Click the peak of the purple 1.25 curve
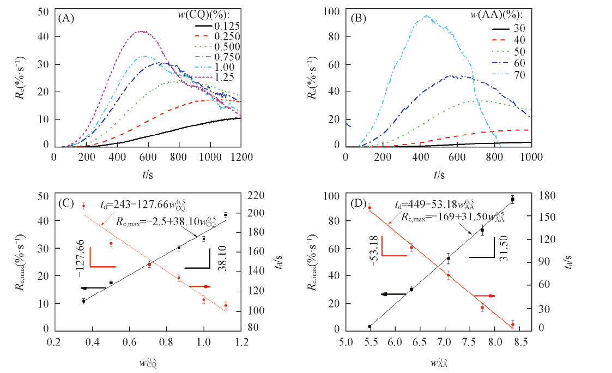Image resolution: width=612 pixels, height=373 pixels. pyautogui.click(x=142, y=32)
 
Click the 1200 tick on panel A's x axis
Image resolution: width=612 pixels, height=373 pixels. pyautogui.click(x=241, y=157)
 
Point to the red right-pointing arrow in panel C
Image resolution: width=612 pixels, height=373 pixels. pyautogui.click(x=200, y=286)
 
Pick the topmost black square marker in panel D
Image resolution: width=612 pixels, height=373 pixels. pyautogui.click(x=512, y=200)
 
